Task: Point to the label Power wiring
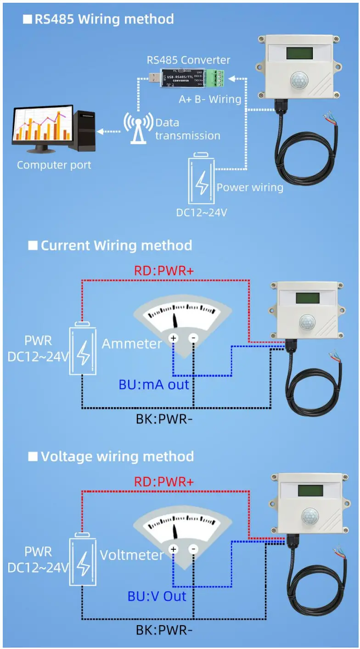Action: (x=250, y=187)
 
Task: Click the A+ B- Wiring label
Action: (x=210, y=99)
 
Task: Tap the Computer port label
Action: (x=54, y=165)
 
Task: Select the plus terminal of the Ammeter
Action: (x=174, y=338)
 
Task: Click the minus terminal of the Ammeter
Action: (x=193, y=338)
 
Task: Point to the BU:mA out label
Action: (x=154, y=384)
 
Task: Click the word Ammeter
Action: (x=132, y=344)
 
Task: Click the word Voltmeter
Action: (x=131, y=555)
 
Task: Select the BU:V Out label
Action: (x=157, y=596)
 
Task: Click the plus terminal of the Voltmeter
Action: (x=174, y=549)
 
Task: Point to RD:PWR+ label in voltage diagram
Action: (x=164, y=482)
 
